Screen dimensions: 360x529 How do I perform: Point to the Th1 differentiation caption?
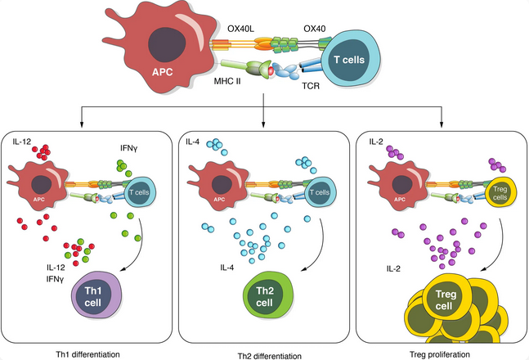point(85,352)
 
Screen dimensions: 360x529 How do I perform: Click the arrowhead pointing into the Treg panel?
point(442,125)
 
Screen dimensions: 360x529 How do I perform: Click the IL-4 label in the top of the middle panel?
point(192,142)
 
